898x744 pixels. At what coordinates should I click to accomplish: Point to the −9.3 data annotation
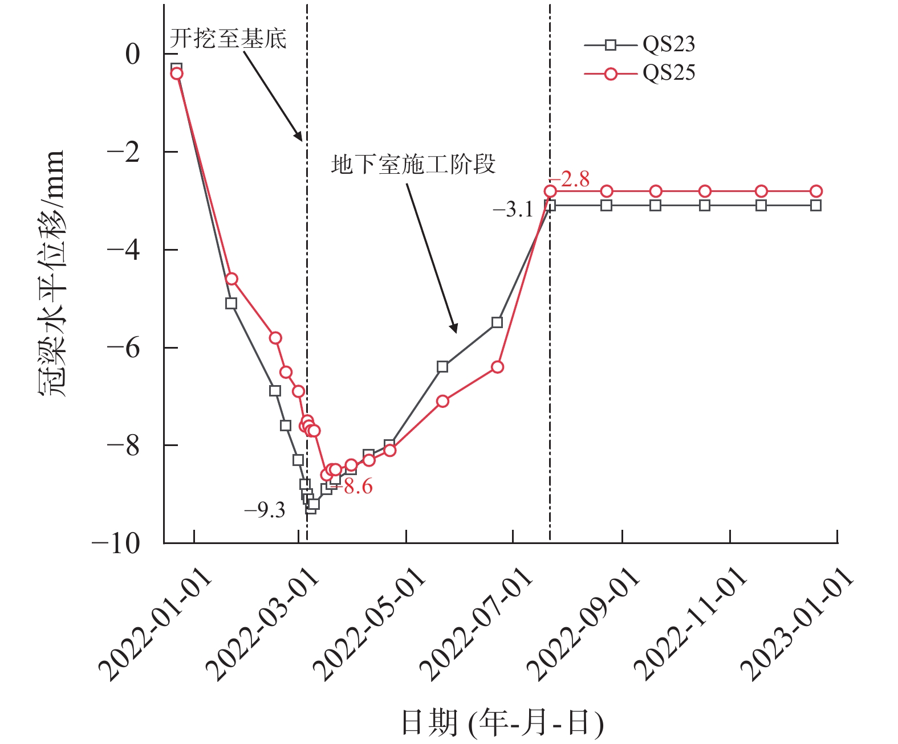click(x=265, y=510)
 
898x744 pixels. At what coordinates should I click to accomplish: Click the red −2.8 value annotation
click(x=571, y=179)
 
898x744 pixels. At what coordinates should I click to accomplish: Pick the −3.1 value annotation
click(x=513, y=210)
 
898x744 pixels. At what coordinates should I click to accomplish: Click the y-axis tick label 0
click(x=132, y=55)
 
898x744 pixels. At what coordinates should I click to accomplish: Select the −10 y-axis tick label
click(x=116, y=543)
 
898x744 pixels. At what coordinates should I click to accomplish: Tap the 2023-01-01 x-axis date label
click(x=798, y=624)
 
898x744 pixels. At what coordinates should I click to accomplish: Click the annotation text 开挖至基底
click(x=228, y=39)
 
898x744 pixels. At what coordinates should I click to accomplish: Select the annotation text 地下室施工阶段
click(x=413, y=164)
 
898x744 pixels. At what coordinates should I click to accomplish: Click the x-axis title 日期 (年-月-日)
click(x=502, y=722)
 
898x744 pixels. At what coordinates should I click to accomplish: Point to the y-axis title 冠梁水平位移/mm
click(x=52, y=273)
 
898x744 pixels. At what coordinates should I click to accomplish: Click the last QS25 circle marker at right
click(x=816, y=191)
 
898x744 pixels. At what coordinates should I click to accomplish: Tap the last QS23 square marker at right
click(x=816, y=206)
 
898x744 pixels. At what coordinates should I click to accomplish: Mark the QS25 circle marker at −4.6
click(x=231, y=279)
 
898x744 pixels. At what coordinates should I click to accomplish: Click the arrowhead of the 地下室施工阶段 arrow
click(x=454, y=329)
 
